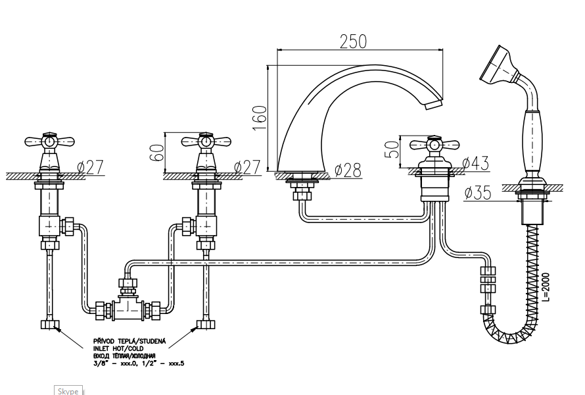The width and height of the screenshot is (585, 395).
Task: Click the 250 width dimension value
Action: tap(353, 41)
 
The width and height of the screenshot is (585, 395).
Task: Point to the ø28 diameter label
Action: tap(348, 171)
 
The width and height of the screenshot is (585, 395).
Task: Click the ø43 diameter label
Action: tap(475, 163)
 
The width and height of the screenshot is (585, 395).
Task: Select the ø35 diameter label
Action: tap(478, 194)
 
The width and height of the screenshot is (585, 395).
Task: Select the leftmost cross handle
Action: tap(49, 141)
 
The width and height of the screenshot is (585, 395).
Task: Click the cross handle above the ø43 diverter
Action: tap(434, 144)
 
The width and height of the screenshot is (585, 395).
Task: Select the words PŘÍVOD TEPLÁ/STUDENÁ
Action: tap(129, 342)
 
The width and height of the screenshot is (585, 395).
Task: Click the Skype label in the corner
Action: tap(68, 391)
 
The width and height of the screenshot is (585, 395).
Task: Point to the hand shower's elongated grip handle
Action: tap(531, 135)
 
